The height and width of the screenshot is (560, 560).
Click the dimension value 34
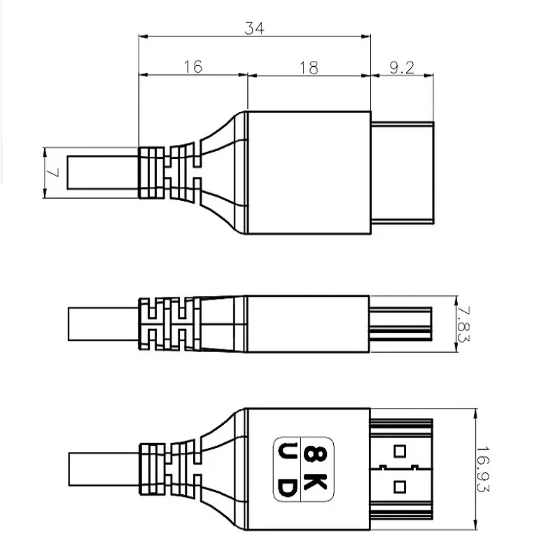(x=253, y=29)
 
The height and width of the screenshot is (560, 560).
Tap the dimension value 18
(x=309, y=67)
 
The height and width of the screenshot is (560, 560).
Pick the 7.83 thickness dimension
(x=461, y=323)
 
